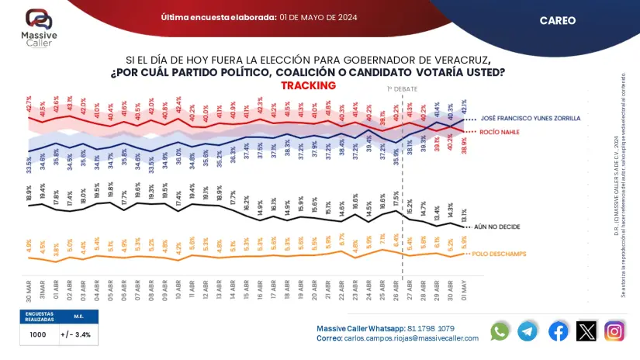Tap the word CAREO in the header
pyautogui.click(x=558, y=21)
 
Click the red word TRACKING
pyautogui.click(x=308, y=85)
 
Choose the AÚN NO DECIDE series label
pyautogui.click(x=501, y=227)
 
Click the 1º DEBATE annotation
pyautogui.click(x=401, y=89)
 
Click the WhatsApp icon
pyautogui.click(x=500, y=331)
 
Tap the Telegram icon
pyautogui.click(x=528, y=331)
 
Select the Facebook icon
pyautogui.click(x=558, y=331)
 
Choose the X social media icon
pyautogui.click(x=586, y=331)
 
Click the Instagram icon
pyautogui.click(x=615, y=331)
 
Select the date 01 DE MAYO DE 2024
pyautogui.click(x=318, y=17)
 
